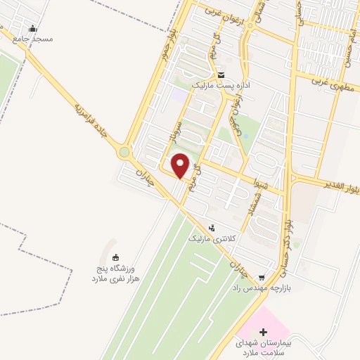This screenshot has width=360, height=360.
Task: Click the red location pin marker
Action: click(181, 166)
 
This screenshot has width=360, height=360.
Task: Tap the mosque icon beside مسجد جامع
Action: click(32, 30)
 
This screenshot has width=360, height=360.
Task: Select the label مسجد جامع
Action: click(32, 40)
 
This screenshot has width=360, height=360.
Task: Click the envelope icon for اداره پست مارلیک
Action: click(221, 75)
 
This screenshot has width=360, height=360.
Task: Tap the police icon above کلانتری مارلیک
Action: click(212, 228)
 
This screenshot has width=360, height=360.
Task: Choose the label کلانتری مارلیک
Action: click(212, 239)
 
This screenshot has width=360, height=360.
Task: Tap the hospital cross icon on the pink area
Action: click(264, 331)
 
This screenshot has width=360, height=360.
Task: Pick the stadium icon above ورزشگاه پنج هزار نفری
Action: click(117, 257)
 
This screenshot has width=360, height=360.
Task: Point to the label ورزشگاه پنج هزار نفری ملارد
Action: click(115, 274)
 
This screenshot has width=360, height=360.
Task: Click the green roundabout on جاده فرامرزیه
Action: click(125, 151)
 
